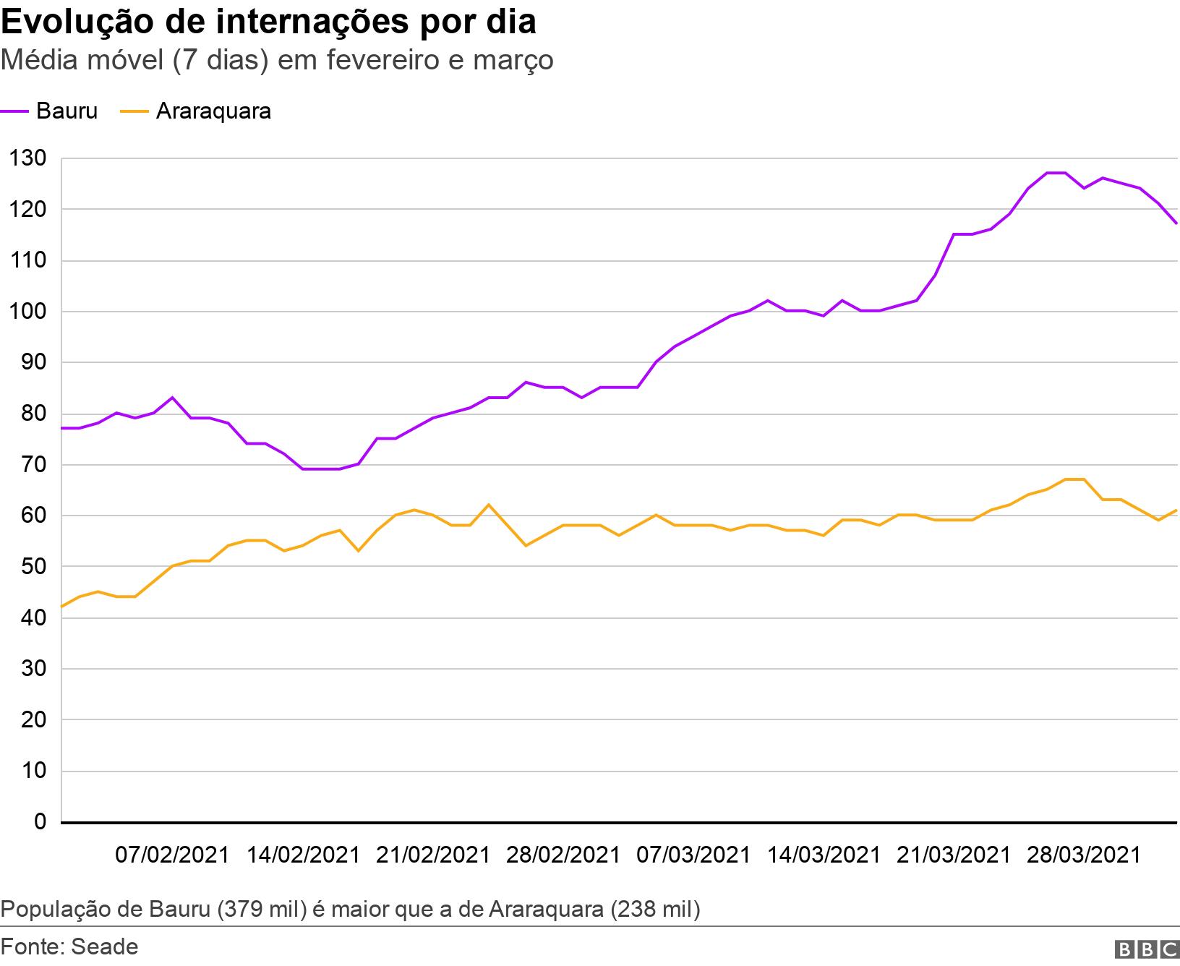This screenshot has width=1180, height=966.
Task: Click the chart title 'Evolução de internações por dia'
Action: pyautogui.click(x=268, y=22)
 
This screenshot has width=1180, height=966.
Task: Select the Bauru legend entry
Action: pyautogui.click(x=49, y=111)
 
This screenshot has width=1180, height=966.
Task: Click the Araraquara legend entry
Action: pyautogui.click(x=195, y=111)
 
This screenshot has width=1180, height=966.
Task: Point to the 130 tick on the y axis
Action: pyautogui.click(x=28, y=158)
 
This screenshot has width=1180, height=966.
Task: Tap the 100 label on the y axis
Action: pyautogui.click(x=28, y=312)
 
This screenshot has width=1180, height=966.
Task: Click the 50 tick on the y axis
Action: pyautogui.click(x=33, y=567)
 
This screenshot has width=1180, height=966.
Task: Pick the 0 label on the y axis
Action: pyautogui.click(x=40, y=822)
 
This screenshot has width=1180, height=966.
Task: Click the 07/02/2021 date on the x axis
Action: pyautogui.click(x=172, y=855)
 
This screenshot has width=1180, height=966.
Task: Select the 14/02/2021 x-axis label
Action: pyautogui.click(x=303, y=855)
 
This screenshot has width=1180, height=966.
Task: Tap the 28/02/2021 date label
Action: pyautogui.click(x=563, y=855)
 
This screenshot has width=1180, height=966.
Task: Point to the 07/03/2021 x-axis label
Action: pyautogui.click(x=693, y=855)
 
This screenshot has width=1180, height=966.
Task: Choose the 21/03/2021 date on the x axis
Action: pyautogui.click(x=953, y=855)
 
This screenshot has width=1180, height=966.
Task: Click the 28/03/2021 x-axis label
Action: pyautogui.click(x=1084, y=855)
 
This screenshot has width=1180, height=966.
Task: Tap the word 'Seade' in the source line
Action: pyautogui.click(x=104, y=946)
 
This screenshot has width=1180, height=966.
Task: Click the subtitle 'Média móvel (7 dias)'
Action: pyautogui.click(x=135, y=60)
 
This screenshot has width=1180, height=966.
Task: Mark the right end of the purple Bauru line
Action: pyautogui.click(x=1176, y=223)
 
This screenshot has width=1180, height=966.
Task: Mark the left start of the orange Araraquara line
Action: pyautogui.click(x=62, y=606)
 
